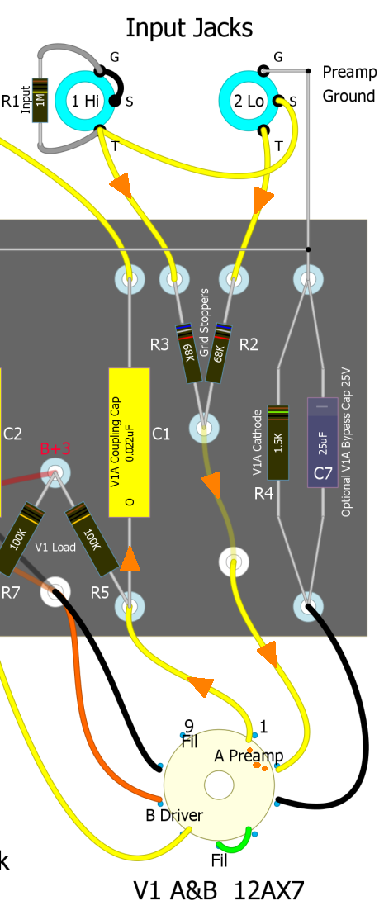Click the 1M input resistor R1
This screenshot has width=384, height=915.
40,101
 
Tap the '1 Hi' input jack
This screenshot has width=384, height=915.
85,101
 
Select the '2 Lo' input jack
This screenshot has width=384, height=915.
248,101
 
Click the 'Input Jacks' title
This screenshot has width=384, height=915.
189,28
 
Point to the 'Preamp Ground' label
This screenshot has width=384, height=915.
349,84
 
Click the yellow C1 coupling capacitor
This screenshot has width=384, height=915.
130,443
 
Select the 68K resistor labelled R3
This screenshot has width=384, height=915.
192,353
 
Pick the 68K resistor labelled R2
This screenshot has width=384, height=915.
217,353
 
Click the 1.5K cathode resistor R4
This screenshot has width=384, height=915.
278,443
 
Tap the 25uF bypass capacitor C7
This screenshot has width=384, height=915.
323,443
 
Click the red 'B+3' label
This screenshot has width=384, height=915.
55,449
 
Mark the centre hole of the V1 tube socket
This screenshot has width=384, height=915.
219,785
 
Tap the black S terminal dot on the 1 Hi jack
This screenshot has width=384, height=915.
115,102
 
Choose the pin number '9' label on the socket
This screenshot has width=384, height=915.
188,726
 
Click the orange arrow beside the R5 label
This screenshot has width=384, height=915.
130,559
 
